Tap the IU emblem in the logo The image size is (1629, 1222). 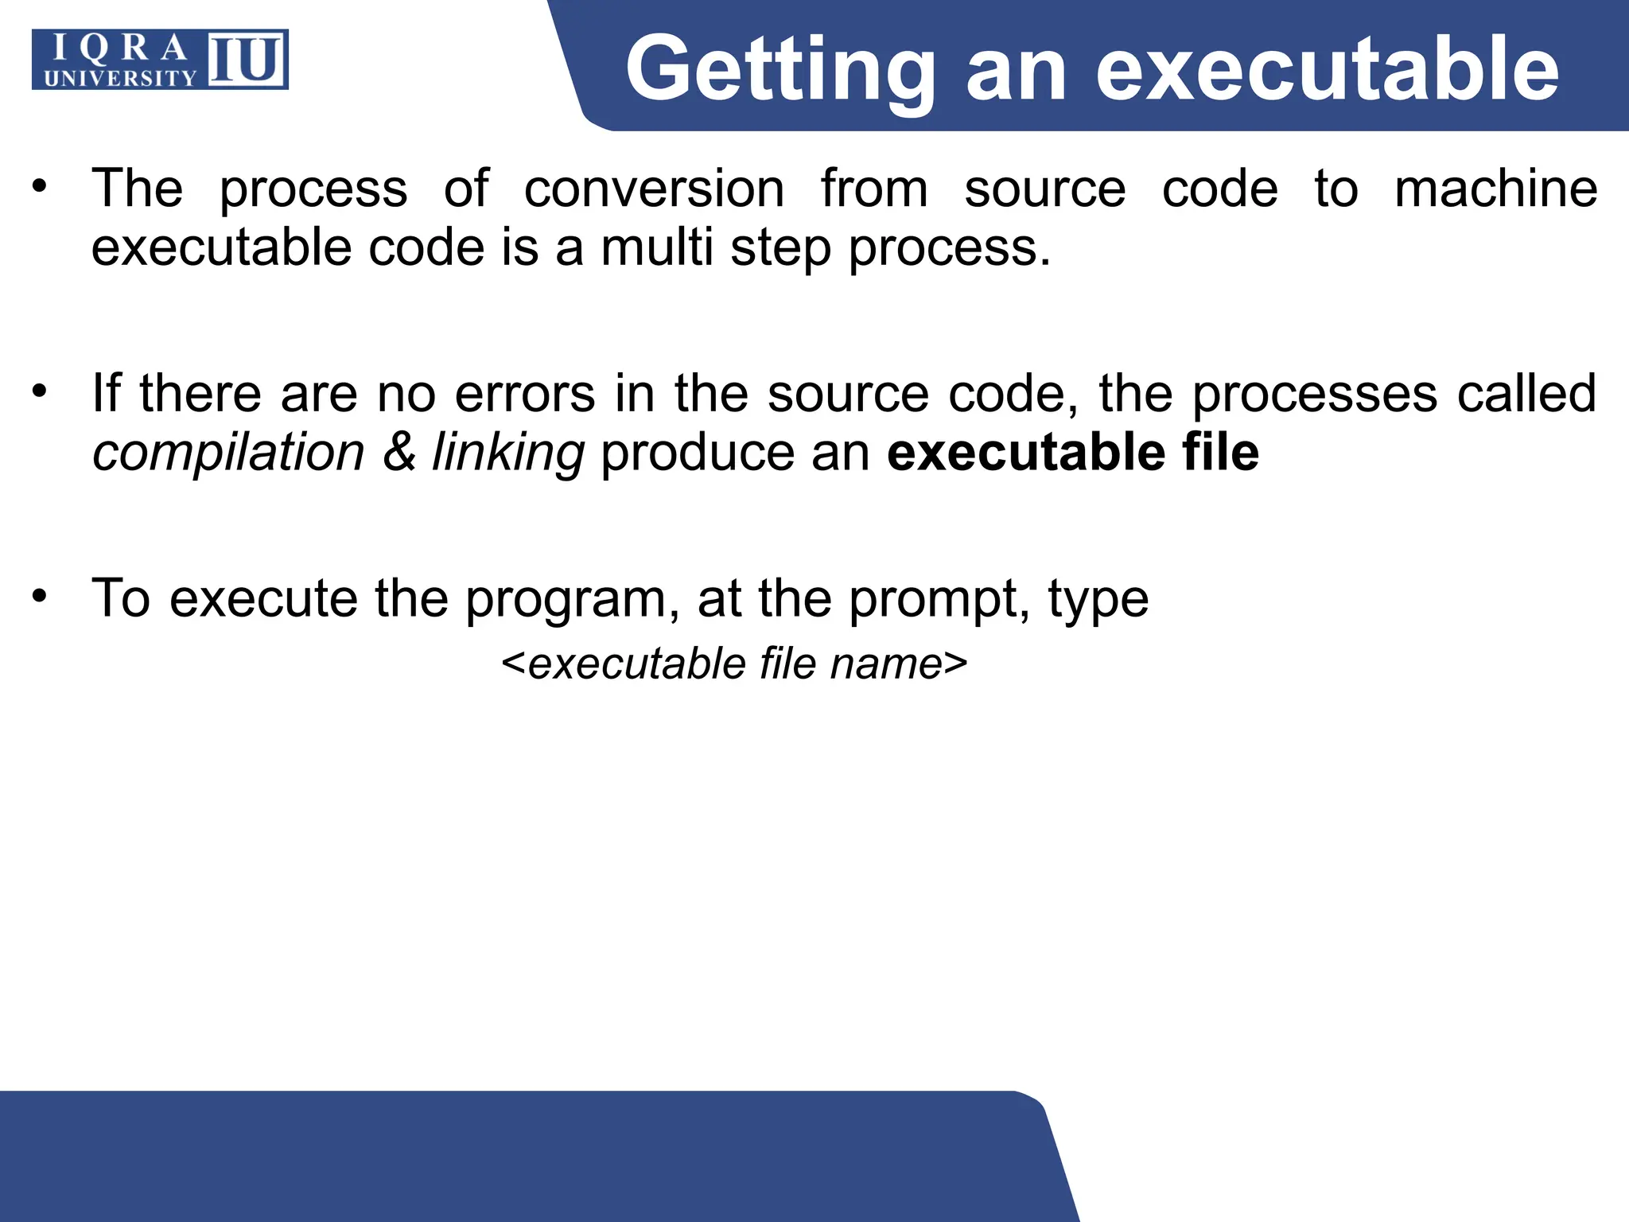point(247,60)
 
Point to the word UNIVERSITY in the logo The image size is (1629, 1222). point(120,78)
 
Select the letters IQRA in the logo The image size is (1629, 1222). point(120,49)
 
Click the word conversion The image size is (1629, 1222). point(654,189)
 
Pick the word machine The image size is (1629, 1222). point(1495,189)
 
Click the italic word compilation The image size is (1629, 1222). point(228,453)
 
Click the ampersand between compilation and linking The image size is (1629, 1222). point(399,453)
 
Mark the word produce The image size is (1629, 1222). point(698,453)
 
